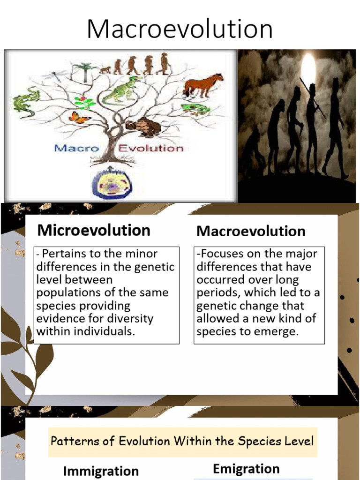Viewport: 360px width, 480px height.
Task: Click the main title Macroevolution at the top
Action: [x=180, y=29]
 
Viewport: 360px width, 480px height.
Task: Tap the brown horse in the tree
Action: [x=203, y=84]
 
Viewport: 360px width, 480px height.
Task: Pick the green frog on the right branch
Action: [x=195, y=109]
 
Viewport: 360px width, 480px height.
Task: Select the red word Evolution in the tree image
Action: [x=150, y=149]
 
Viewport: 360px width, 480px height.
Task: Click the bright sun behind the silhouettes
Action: [x=308, y=70]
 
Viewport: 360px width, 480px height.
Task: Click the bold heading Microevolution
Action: [x=94, y=230]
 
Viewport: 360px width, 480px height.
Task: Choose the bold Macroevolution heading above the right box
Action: [x=251, y=231]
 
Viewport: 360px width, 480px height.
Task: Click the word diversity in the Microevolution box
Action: [x=131, y=319]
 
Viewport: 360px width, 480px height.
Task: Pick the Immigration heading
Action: [x=101, y=471]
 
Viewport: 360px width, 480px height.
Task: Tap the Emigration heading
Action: [x=246, y=469]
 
